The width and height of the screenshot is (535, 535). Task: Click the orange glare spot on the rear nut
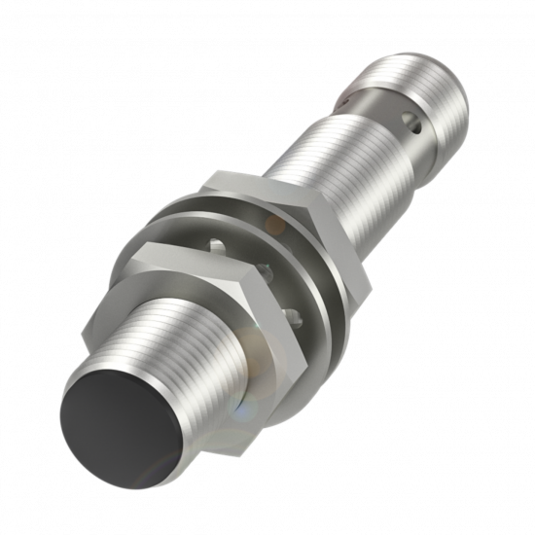[275, 225]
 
